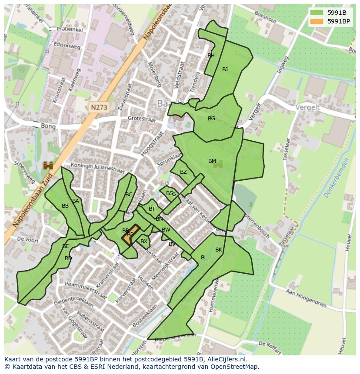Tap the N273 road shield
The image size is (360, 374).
pos(99,106)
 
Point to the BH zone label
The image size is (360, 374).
pos(211,56)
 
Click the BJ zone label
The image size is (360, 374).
pos(225,70)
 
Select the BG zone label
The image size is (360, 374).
pos(211,119)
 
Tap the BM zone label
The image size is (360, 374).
pos(212,161)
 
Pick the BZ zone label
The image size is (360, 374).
pos(183,172)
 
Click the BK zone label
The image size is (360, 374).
pos(218,250)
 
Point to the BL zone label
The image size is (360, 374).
pos(204,258)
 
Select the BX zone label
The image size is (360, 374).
pos(143,242)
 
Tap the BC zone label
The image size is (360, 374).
pos(128,195)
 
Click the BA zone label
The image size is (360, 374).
pos(76,201)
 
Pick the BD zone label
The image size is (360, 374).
pos(68,258)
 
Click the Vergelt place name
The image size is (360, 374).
pos(307,107)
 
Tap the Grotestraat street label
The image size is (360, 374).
pos(141,118)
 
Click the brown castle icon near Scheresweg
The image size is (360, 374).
pos(48,165)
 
